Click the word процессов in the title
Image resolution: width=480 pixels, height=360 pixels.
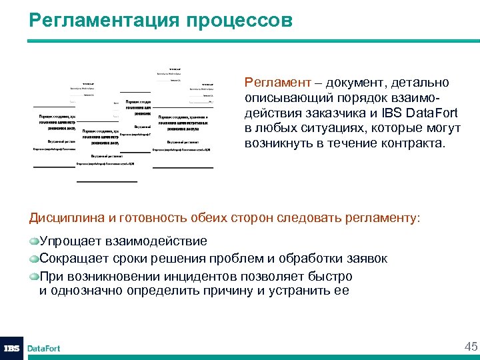236,20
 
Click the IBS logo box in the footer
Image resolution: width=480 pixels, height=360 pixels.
11,347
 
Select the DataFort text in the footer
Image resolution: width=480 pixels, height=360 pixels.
43,348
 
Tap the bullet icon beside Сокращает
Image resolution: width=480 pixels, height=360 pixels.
33,258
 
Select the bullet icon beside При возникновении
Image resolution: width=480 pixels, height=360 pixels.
33,275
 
